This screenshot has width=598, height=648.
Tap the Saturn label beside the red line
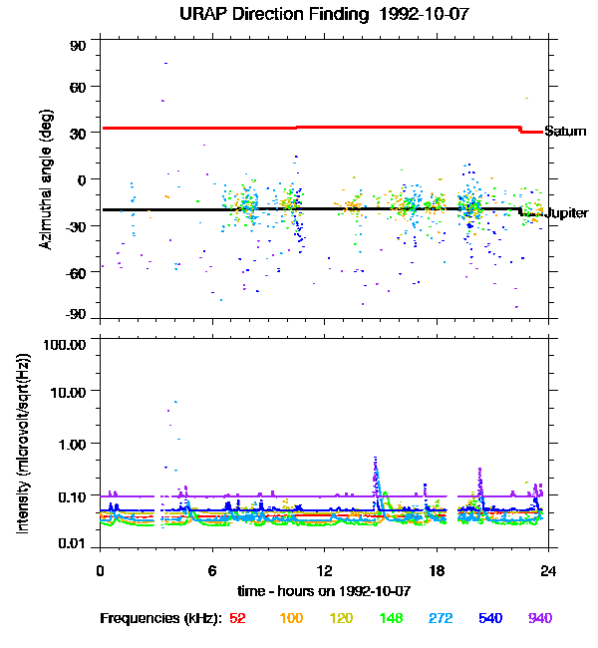coord(565,132)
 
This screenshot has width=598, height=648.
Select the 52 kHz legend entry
coord(237,618)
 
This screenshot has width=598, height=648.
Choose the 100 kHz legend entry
coord(291,618)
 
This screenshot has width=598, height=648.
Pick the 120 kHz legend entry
coord(342,618)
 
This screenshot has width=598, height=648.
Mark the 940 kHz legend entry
coord(539,618)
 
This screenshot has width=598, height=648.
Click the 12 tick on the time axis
coord(324,570)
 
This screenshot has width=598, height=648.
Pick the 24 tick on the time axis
coord(548,570)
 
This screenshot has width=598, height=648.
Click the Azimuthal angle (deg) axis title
coord(46,179)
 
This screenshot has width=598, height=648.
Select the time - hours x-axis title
coord(324,591)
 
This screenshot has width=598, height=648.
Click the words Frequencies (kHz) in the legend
coord(160,618)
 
